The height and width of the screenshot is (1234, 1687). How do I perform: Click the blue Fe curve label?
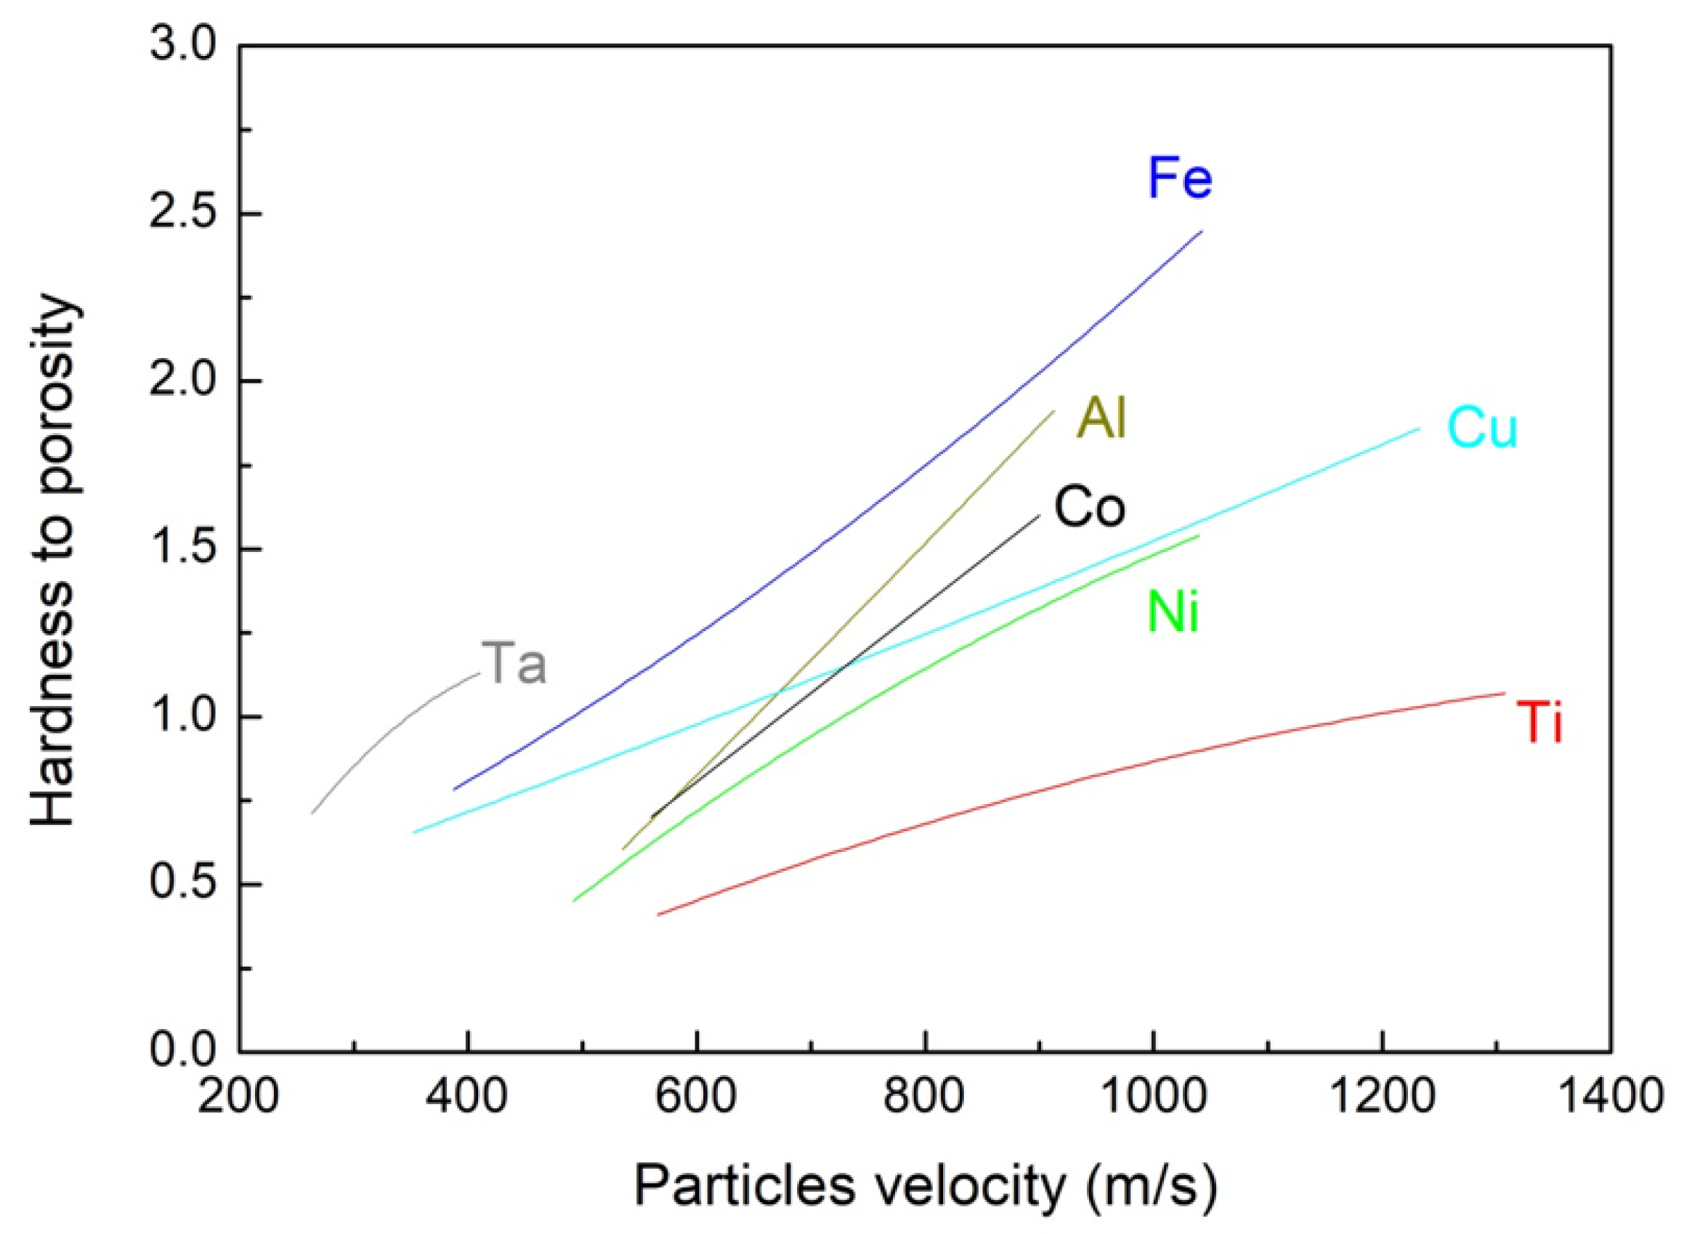point(1179,178)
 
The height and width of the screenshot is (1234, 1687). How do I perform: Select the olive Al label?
point(1101,418)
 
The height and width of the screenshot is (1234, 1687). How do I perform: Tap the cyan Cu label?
point(1482,428)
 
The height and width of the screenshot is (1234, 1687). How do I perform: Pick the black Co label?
point(1088,507)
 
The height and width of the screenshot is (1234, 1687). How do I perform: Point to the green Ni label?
point(1173,612)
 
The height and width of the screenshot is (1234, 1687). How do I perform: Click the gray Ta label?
point(514,663)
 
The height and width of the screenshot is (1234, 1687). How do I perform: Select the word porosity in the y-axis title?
point(54,405)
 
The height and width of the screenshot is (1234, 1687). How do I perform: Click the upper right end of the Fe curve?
point(1202,232)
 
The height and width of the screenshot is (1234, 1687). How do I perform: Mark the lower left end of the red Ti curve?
point(658,914)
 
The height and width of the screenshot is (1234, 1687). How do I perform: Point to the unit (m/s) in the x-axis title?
point(1152,1187)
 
